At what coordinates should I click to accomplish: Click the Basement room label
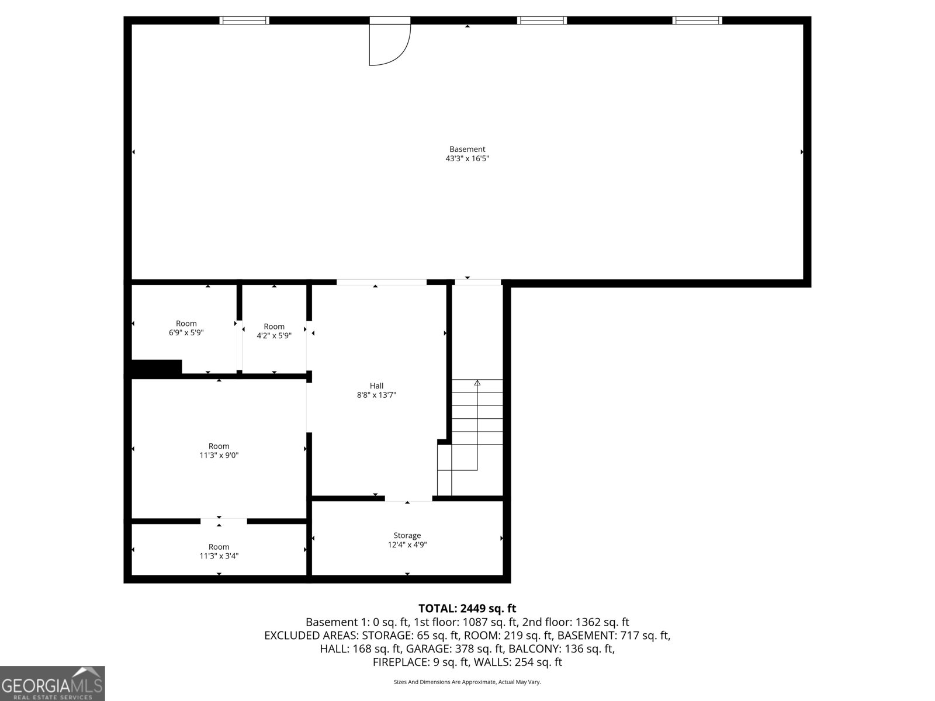[x=467, y=149]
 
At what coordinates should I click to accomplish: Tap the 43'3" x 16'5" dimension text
[x=467, y=158]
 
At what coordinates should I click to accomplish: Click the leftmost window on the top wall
[x=244, y=20]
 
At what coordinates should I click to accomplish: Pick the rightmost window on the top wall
[x=697, y=20]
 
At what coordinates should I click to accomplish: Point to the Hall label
[x=376, y=386]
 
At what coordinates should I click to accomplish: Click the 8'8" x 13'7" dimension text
[x=376, y=395]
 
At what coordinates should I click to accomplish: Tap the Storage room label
[x=407, y=535]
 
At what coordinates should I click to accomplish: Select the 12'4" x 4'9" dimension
[x=407, y=544]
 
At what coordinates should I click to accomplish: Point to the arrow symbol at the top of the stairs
[x=477, y=383]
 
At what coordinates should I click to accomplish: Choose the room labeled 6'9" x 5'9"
[x=186, y=328]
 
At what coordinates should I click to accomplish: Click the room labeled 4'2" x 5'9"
[x=273, y=331]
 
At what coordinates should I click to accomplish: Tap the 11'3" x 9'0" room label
[x=219, y=450]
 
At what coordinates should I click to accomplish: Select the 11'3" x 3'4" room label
[x=219, y=551]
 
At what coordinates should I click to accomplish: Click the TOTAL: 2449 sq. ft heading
[x=467, y=609]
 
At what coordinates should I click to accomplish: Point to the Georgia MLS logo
[x=52, y=683]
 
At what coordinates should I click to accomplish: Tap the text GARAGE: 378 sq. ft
[x=453, y=649]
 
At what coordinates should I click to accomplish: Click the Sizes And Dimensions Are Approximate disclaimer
[x=467, y=682]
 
